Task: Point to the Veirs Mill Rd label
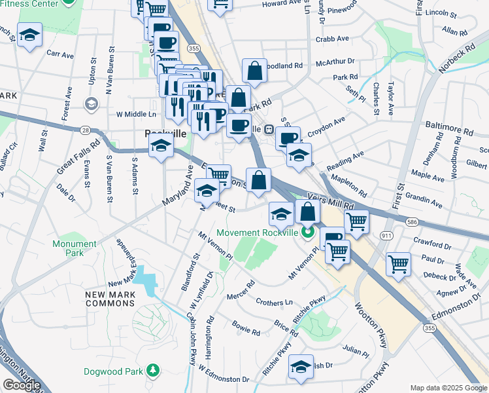329,205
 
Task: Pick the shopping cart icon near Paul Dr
398,263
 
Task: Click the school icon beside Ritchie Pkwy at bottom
301,367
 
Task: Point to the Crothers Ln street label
275,303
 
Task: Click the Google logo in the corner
21,385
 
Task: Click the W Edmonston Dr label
224,375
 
